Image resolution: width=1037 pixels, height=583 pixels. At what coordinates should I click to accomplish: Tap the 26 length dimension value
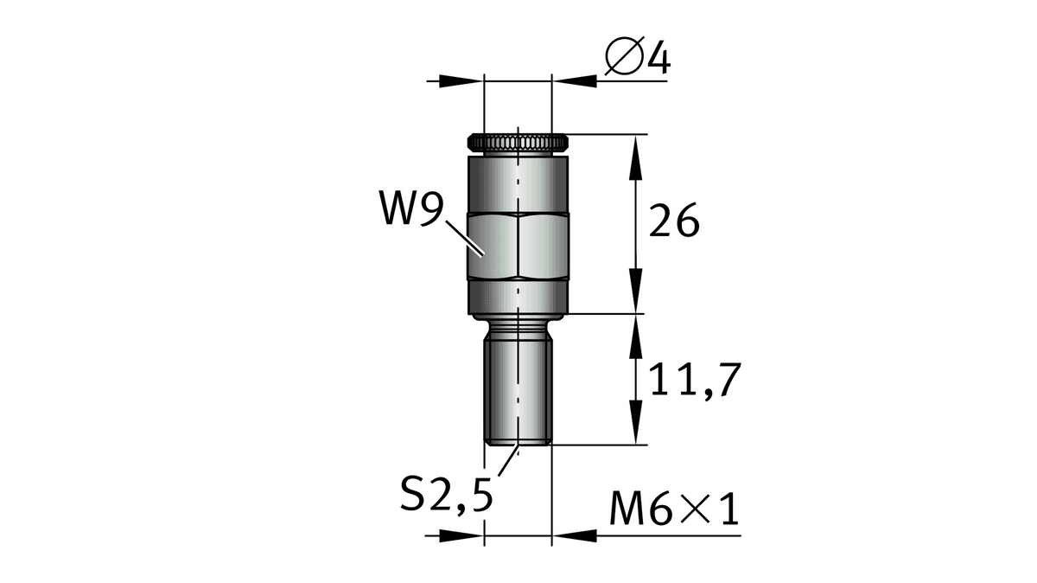(674, 221)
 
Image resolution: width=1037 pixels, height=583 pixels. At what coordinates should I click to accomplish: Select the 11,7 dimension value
(696, 381)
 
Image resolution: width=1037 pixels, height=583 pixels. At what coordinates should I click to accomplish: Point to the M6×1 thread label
(674, 509)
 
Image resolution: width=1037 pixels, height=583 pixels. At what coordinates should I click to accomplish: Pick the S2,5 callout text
(447, 494)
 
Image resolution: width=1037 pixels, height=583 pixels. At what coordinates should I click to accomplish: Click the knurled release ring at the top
(518, 143)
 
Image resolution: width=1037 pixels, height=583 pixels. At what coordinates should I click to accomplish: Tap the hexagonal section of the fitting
(518, 246)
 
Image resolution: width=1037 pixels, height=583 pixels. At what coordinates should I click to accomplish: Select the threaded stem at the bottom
(518, 391)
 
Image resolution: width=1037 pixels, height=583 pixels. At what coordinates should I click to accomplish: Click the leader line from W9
(465, 238)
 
